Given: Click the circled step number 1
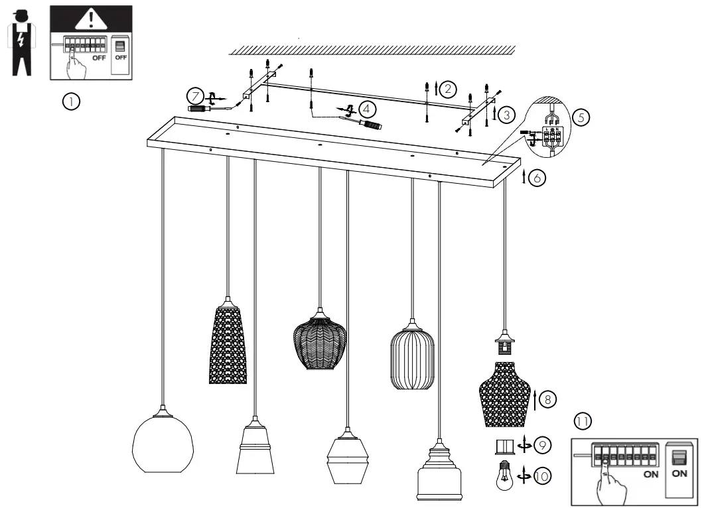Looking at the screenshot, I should point(71,101).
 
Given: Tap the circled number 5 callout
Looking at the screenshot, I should point(581,117).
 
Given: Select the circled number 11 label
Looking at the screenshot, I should point(582,421).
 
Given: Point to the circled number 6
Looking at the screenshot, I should point(537,178).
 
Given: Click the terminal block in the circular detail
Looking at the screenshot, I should point(550,138).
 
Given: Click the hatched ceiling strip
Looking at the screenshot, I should point(372,50).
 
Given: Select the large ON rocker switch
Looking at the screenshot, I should point(679,458).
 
